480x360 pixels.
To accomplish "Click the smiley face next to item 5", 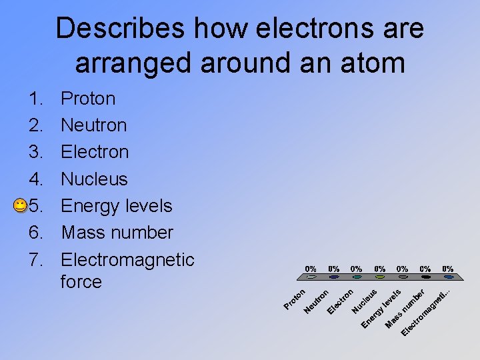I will (x=20, y=206).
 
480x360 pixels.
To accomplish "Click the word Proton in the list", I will (x=88, y=99).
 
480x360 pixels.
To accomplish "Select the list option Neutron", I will (x=93, y=125).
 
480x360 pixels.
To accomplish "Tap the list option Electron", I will (x=94, y=152).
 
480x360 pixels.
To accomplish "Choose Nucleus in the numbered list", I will (x=94, y=179).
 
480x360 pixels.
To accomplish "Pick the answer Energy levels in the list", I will (x=117, y=206).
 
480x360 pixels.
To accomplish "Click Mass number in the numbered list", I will (x=117, y=233).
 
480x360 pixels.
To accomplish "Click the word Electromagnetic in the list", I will (x=127, y=259).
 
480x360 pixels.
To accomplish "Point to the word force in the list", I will (x=81, y=282).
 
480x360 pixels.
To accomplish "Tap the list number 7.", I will (x=36, y=259).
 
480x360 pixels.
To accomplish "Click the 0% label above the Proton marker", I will (x=311, y=269).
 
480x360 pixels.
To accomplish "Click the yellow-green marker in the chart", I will (x=380, y=277).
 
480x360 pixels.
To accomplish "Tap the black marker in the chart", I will (x=426, y=277).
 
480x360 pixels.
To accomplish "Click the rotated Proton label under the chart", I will (x=294, y=299).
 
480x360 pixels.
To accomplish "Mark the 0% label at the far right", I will (x=448, y=269).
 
